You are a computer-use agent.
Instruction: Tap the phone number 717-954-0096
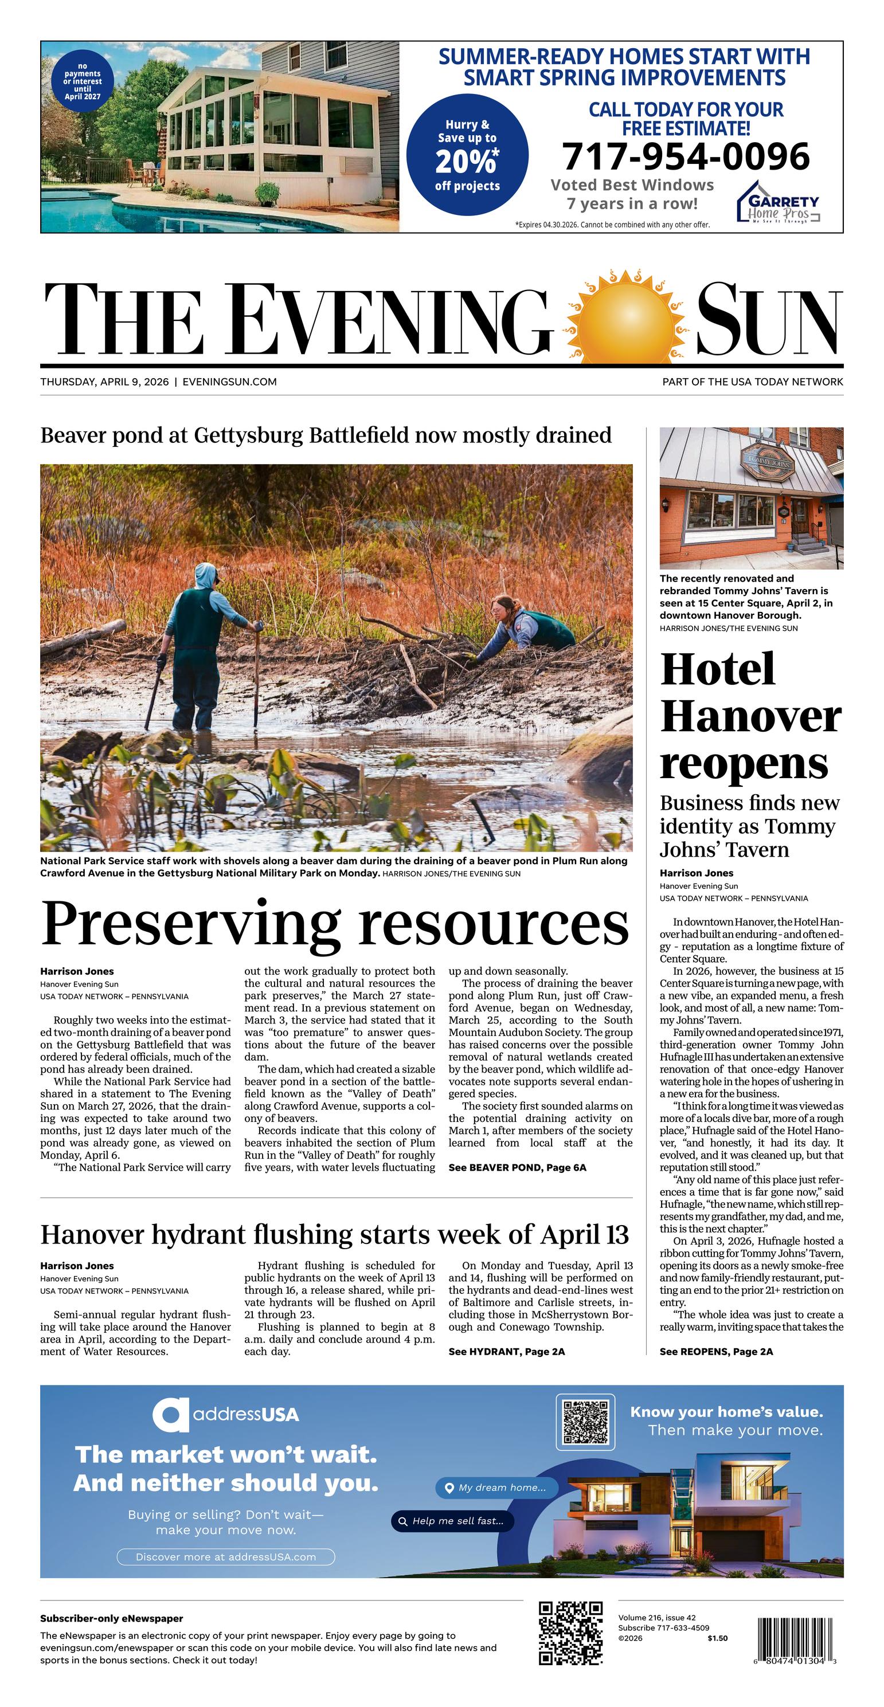tap(686, 157)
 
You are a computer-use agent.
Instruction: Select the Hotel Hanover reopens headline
tap(750, 716)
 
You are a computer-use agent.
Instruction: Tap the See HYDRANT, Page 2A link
tap(507, 1351)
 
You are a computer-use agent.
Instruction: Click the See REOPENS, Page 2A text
tap(716, 1351)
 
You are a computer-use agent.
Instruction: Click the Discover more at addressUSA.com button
tap(225, 1556)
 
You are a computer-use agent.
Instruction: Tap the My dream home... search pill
tap(496, 1488)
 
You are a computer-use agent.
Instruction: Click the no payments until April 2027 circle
tap(82, 81)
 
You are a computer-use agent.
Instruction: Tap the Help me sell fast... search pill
tap(452, 1521)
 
